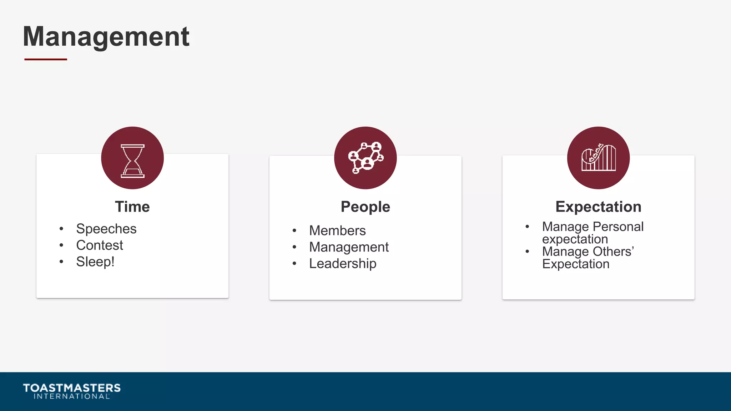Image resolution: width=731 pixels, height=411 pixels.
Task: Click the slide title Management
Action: click(106, 36)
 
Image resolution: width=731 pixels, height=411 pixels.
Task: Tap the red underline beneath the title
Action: click(46, 59)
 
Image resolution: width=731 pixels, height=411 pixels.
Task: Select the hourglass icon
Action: click(132, 161)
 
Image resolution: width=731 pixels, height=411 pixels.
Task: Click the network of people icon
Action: click(365, 158)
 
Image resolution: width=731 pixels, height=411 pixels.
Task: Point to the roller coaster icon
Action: click(598, 158)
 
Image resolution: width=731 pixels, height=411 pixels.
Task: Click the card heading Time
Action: click(132, 207)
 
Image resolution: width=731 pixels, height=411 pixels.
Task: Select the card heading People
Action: click(365, 207)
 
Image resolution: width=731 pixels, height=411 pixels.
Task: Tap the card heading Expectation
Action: click(598, 207)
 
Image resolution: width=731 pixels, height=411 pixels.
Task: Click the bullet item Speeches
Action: click(106, 229)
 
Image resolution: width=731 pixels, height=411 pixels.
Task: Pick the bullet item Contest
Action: click(100, 245)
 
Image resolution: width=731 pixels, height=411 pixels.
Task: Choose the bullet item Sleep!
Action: click(95, 262)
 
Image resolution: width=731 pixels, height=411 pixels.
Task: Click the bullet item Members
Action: click(337, 231)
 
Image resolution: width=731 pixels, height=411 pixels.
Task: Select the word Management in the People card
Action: click(349, 247)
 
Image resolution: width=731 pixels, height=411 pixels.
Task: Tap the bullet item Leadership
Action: click(343, 264)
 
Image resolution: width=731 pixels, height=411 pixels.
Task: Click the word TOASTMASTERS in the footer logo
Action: click(72, 388)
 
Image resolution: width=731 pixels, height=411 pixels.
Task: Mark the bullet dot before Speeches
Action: click(61, 229)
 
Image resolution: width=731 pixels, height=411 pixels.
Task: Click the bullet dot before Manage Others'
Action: click(527, 252)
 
